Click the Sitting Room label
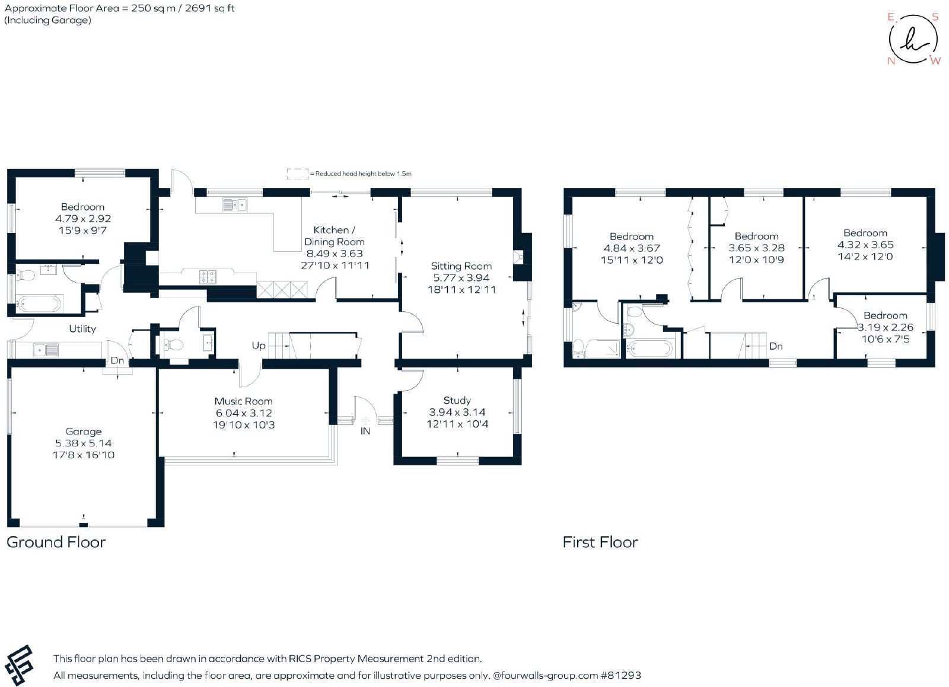461,266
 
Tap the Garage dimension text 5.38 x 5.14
84,443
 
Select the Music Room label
244,401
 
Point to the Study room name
457,401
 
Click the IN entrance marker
365,432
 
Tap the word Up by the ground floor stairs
259,346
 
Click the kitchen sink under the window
235,205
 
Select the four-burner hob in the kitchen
208,277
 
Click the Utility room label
82,329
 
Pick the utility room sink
46,350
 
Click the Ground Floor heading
56,542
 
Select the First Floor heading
600,542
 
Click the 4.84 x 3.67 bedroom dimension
632,248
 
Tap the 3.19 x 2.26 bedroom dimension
886,327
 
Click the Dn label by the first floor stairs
776,346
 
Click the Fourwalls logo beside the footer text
19,664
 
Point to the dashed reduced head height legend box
298,174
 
